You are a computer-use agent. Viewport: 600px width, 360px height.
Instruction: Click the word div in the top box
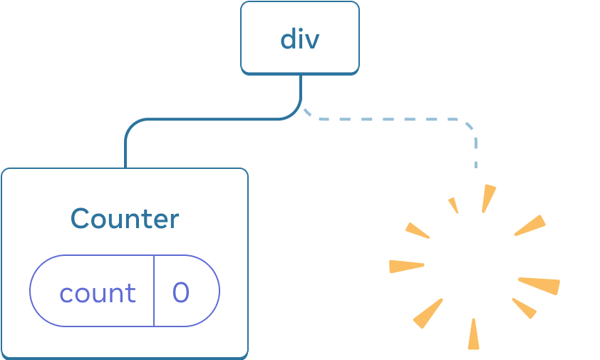point(299,38)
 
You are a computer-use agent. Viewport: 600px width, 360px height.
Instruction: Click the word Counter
point(125,218)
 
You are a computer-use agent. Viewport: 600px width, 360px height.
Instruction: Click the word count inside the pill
point(97,293)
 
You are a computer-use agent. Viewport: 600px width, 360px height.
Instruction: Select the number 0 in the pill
point(181,293)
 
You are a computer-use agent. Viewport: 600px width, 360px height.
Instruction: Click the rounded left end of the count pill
point(31,291)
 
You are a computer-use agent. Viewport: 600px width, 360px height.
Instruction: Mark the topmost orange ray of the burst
point(488,198)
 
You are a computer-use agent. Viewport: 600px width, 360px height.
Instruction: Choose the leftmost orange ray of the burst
point(405,267)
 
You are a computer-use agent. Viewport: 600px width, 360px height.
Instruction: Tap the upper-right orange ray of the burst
point(530,226)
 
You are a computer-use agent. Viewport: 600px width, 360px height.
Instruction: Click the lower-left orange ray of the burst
point(428,314)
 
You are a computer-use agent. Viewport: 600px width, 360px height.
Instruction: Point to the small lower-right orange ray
point(524,308)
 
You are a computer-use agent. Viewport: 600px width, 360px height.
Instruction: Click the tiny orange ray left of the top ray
point(452,205)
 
